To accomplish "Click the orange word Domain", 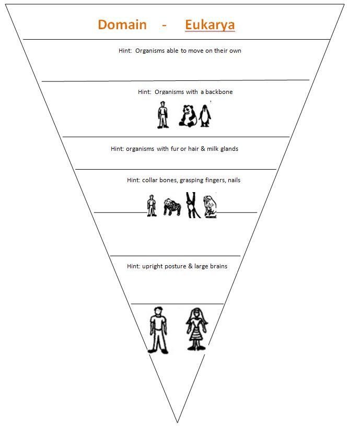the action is (x=122, y=25).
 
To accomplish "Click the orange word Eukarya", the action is (x=210, y=25).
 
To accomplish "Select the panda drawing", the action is (x=187, y=115).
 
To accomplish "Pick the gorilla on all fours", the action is (x=171, y=207).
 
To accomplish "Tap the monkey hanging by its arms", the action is (x=191, y=205).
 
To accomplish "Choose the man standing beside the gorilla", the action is (x=152, y=205).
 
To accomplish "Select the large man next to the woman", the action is (x=158, y=330).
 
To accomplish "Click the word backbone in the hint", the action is (x=219, y=92).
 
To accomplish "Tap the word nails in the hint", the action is (x=233, y=180).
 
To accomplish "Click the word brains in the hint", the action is (x=218, y=266).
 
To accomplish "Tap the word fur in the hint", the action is (x=171, y=149).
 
